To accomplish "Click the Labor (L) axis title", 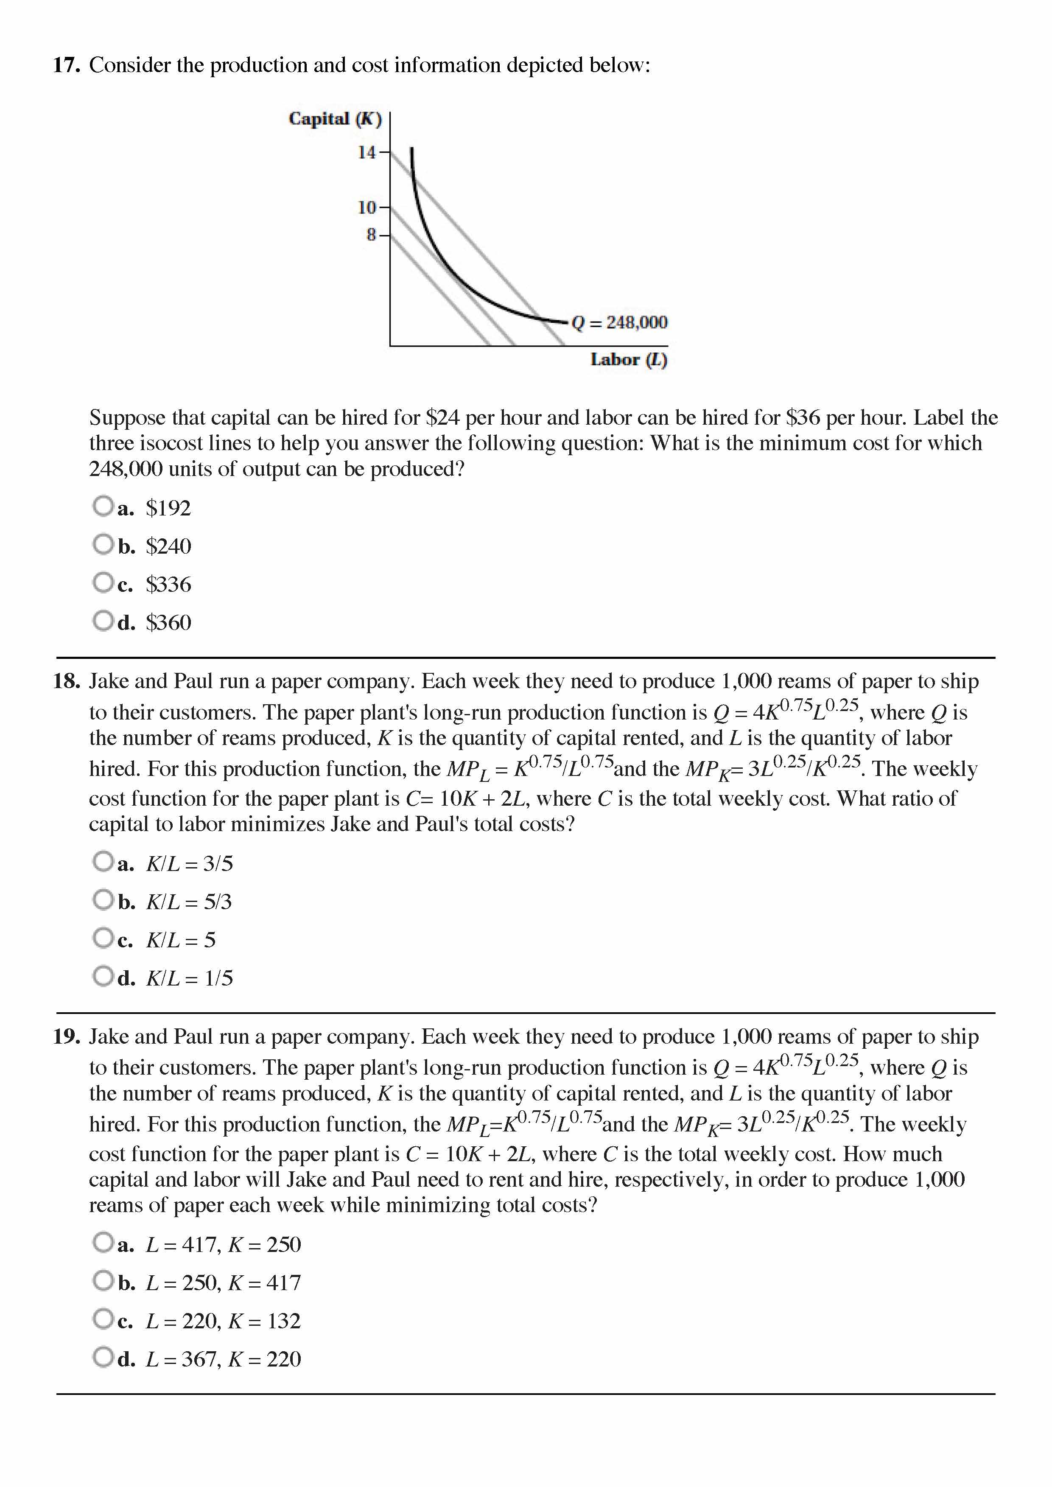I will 628,360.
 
